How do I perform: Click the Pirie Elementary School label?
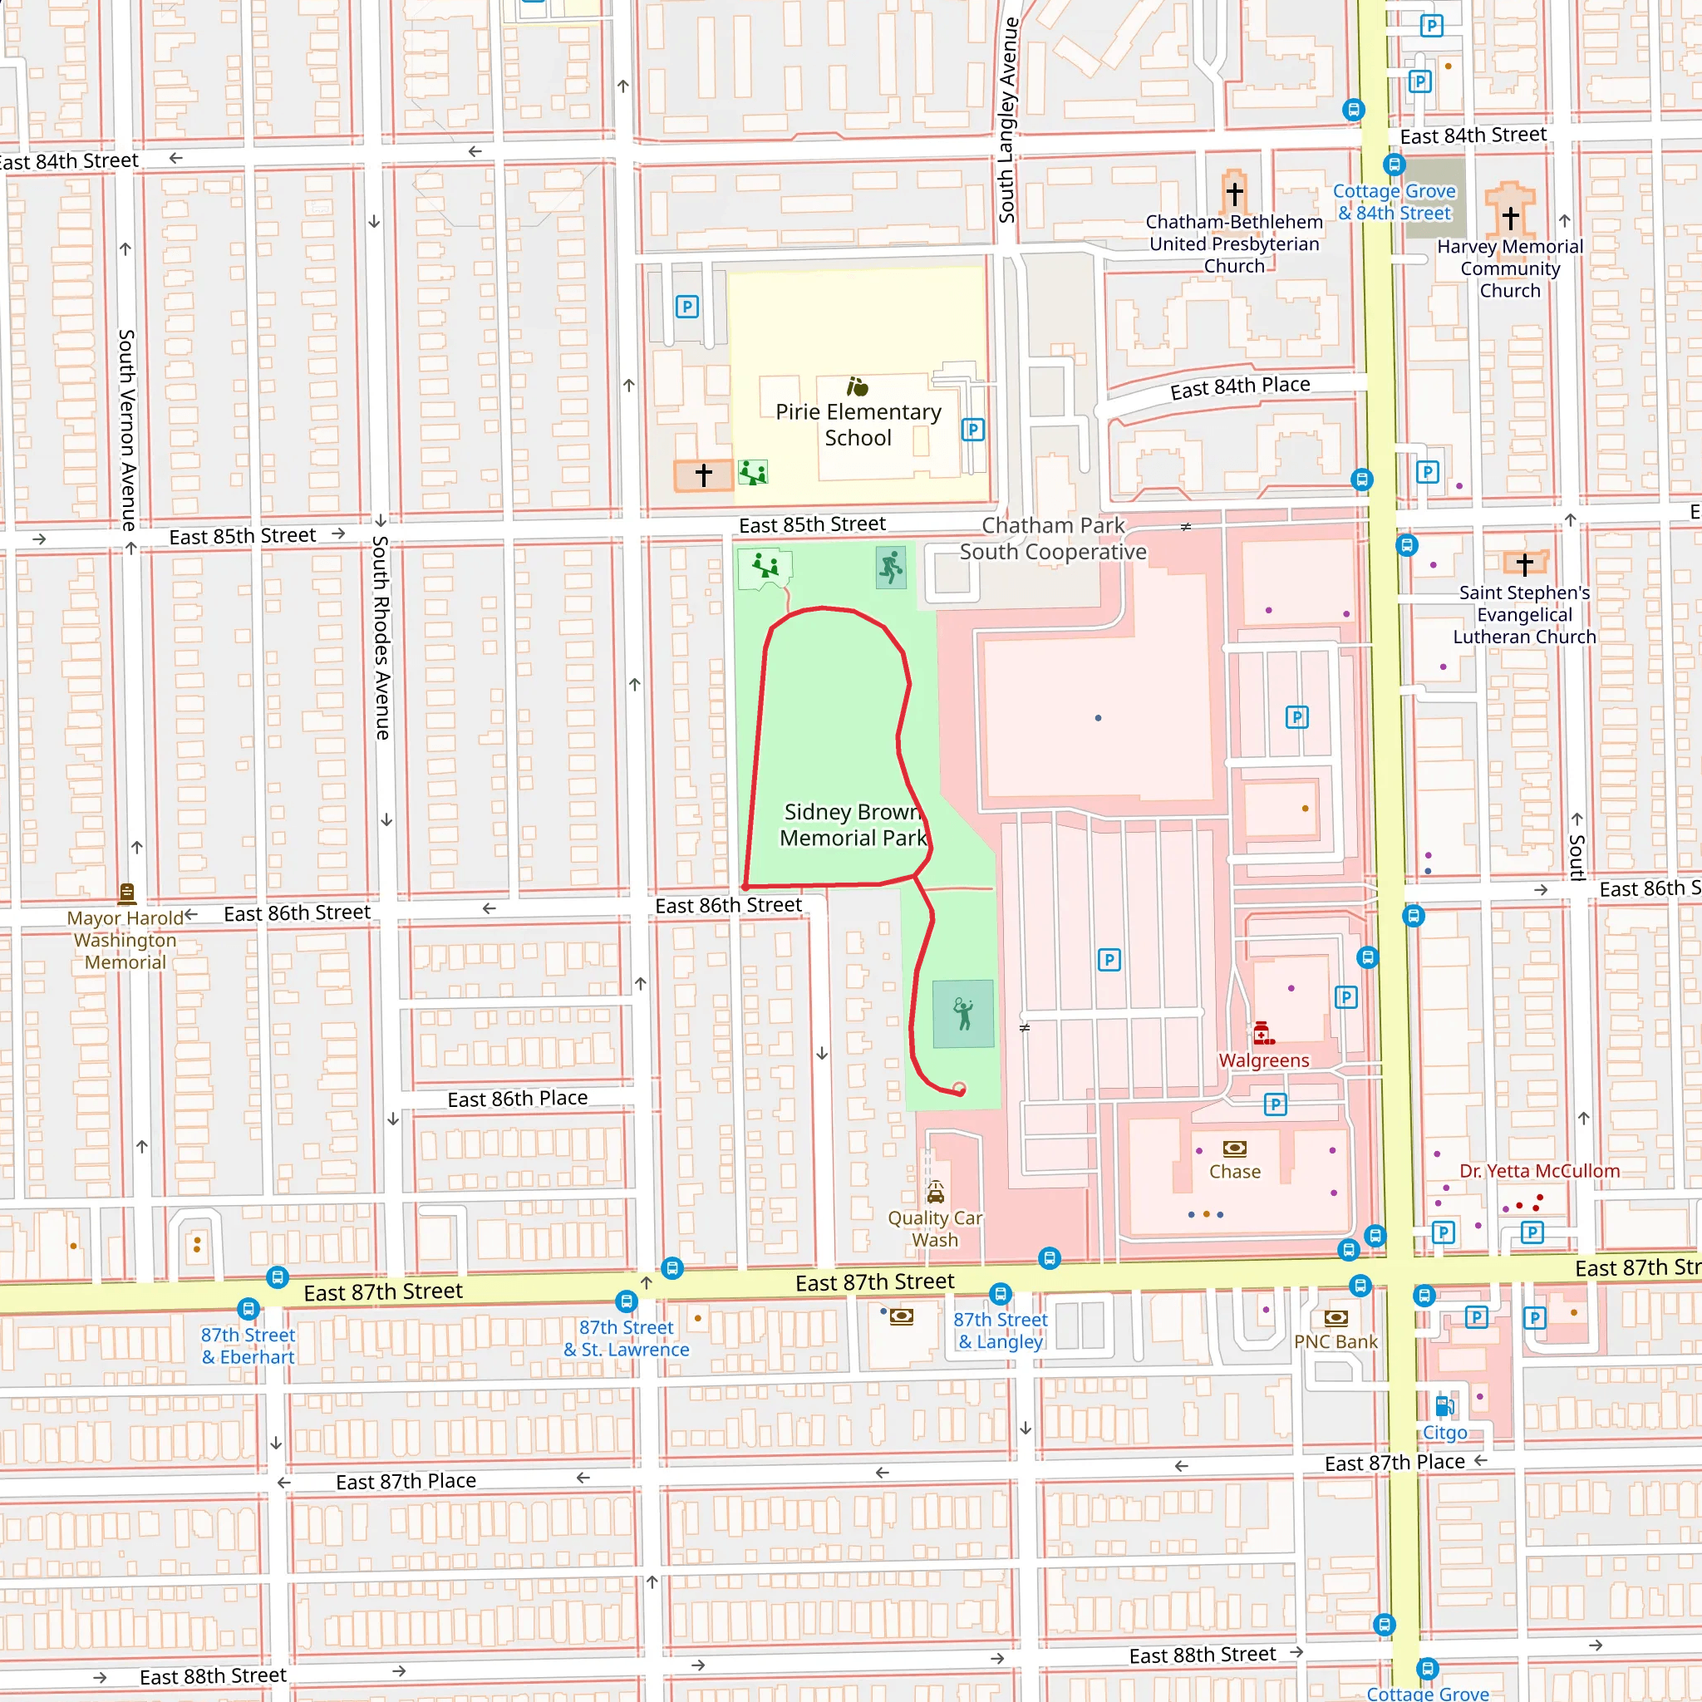click(x=858, y=425)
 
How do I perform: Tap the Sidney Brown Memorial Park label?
click(x=853, y=824)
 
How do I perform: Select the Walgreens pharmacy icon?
click(x=1262, y=1032)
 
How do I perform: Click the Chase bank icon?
click(x=1234, y=1148)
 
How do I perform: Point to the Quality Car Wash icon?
click(x=936, y=1193)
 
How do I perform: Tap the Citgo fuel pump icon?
click(x=1444, y=1406)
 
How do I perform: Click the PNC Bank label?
click(x=1336, y=1341)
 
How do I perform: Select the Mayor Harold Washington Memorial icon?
click(x=127, y=893)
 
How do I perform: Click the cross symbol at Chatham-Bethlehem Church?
click(x=1234, y=192)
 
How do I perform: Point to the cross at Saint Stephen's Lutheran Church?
click(x=1525, y=563)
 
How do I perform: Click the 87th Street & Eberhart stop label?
click(x=248, y=1346)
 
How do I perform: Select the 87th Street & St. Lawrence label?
click(x=627, y=1338)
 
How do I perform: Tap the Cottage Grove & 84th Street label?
click(x=1394, y=202)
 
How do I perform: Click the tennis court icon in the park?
click(x=963, y=1014)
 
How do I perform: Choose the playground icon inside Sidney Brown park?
click(x=765, y=566)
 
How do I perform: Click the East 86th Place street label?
click(x=517, y=1099)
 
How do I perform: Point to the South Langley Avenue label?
click(x=1007, y=119)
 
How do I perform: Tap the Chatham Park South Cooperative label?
click(x=1053, y=539)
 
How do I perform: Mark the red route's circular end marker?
click(x=959, y=1089)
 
